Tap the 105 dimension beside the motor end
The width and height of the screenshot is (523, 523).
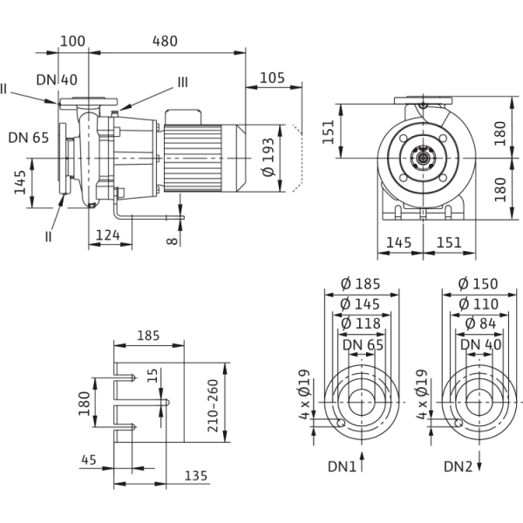[x=274, y=78]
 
